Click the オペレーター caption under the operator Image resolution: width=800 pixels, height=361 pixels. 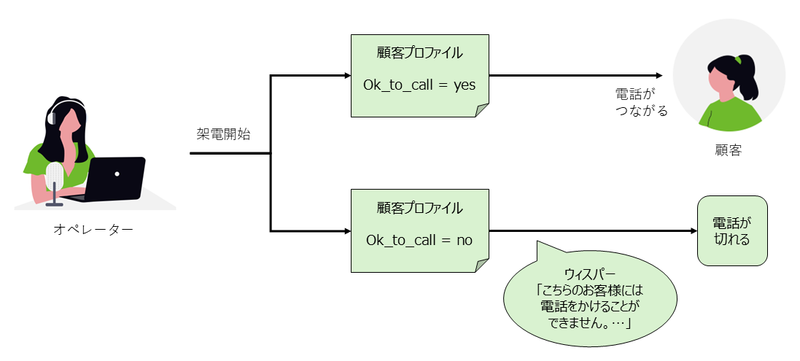click(x=93, y=230)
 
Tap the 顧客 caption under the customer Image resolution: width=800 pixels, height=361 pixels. click(x=728, y=150)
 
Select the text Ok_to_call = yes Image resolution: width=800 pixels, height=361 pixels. click(x=419, y=85)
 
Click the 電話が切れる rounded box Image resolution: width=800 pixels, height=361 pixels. click(x=731, y=230)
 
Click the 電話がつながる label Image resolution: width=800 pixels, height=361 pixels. click(x=641, y=103)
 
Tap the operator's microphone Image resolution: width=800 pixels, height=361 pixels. click(x=55, y=178)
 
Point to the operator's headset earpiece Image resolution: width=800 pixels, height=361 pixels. click(x=50, y=117)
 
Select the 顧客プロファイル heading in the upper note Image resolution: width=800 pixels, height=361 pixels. click(x=419, y=54)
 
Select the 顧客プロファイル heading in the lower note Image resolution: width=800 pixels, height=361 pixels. click(x=419, y=208)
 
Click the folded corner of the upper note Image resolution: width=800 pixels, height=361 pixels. click(x=482, y=110)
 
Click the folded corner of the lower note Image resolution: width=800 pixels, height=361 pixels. click(x=482, y=264)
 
